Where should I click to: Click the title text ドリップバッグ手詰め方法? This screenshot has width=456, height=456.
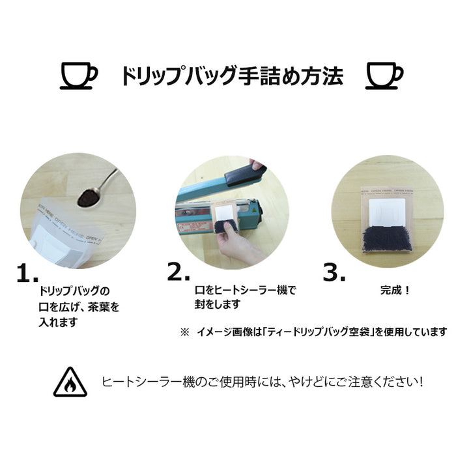coord(231,76)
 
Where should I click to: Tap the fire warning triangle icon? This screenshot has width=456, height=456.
coord(70,381)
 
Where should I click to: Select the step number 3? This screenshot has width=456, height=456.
coord(334,272)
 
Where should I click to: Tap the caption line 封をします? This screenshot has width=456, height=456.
coord(218,304)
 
